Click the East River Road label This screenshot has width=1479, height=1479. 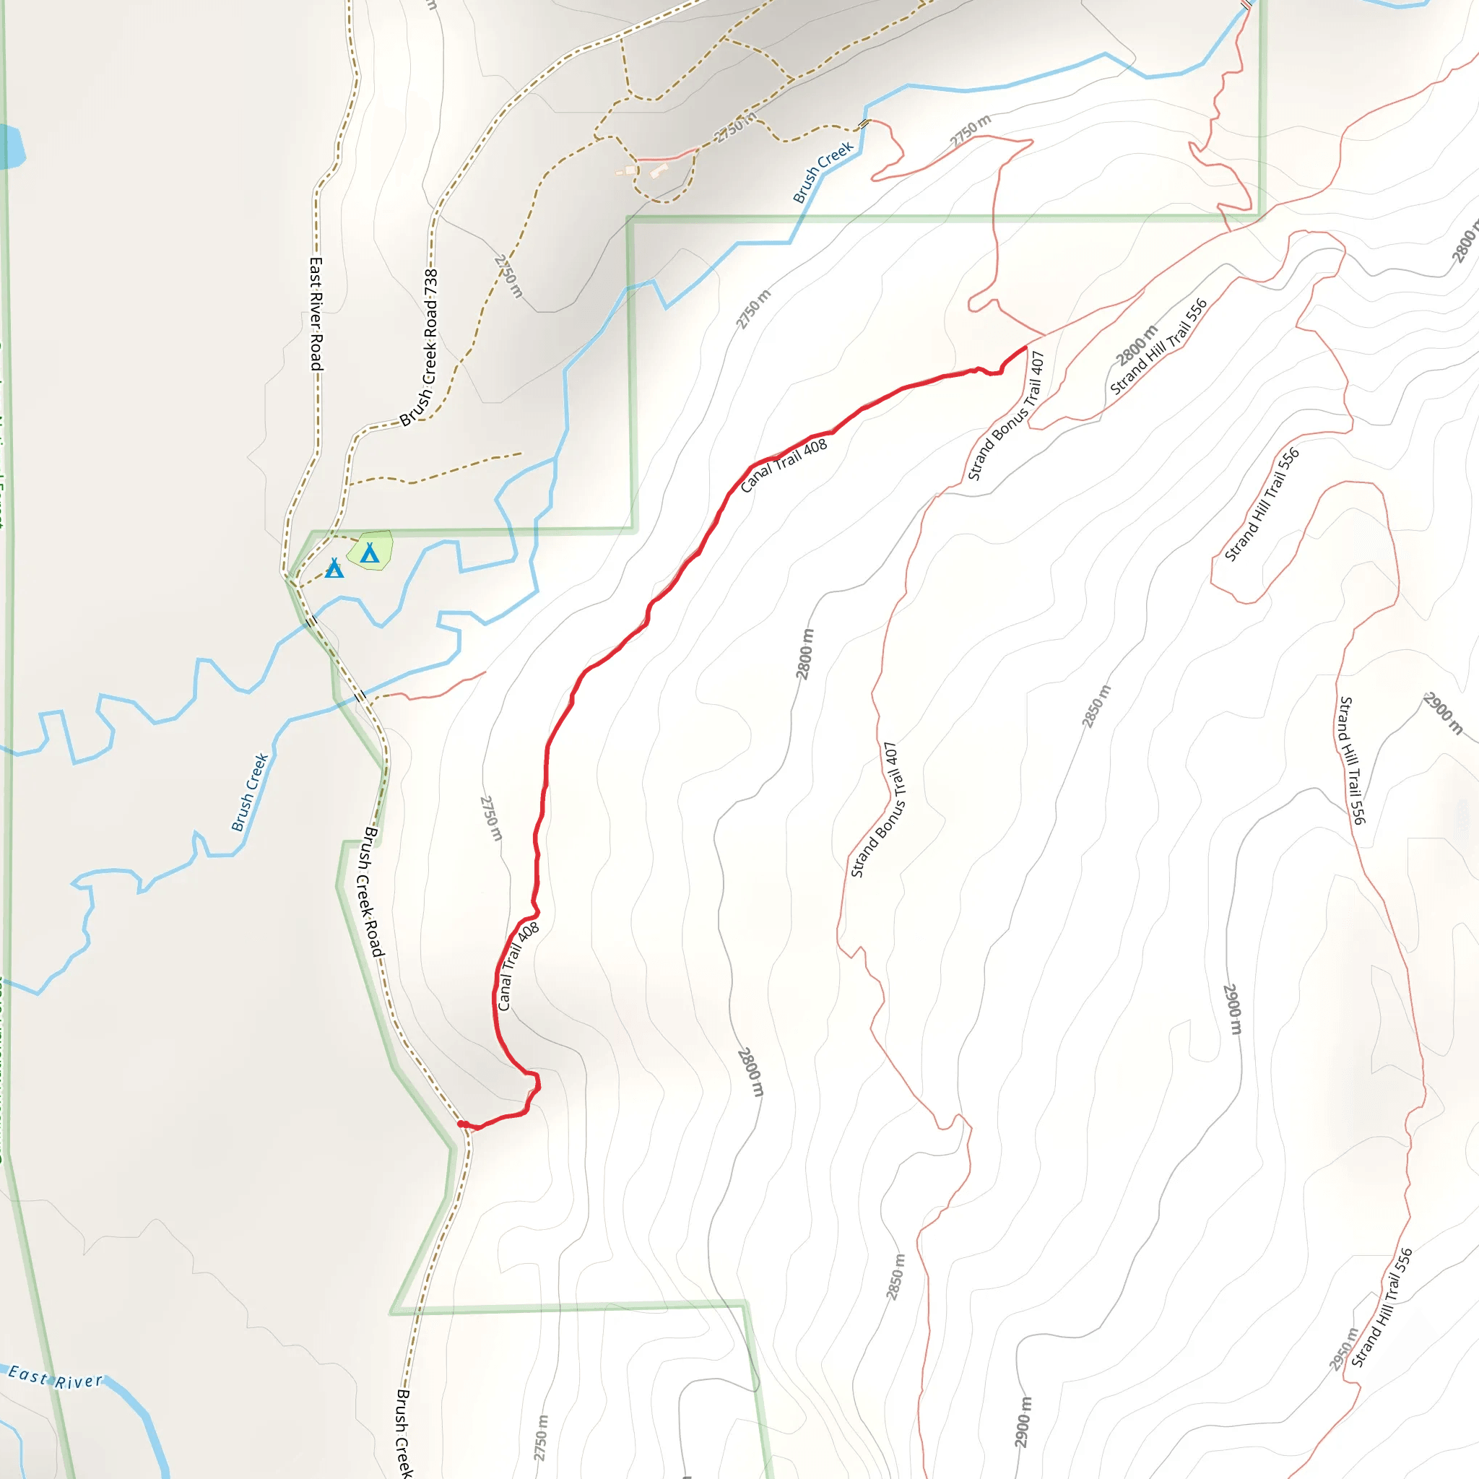click(316, 314)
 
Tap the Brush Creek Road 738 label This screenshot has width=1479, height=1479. click(420, 347)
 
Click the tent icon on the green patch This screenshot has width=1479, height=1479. click(370, 552)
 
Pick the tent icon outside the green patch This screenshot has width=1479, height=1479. click(334, 568)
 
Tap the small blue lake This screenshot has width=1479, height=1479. click(11, 145)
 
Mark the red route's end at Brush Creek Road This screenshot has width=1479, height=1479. click(461, 1124)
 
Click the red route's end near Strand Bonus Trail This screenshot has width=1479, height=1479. click(1025, 347)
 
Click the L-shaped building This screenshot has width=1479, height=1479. click(659, 170)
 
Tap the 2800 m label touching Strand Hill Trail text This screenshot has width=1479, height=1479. click(1136, 345)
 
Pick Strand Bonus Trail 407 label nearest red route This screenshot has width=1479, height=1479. click(1006, 416)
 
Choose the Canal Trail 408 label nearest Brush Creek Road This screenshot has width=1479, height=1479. click(519, 967)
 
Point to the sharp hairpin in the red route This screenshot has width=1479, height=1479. click(537, 1082)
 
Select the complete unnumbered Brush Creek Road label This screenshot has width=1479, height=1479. click(372, 891)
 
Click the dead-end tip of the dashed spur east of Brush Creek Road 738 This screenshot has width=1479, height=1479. click(521, 454)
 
